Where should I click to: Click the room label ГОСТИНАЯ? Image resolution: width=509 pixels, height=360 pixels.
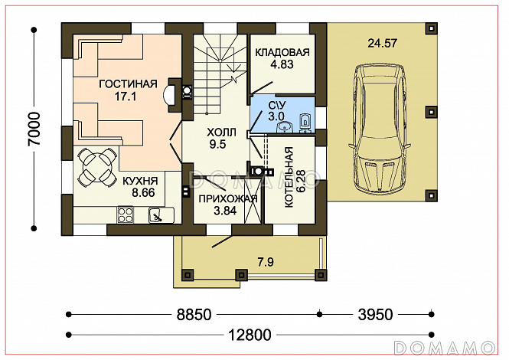128,83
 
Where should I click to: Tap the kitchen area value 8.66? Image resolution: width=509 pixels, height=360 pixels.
143,193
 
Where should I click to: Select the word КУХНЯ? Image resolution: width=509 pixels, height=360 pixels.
140,181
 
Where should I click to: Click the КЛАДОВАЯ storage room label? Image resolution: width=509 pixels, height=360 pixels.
282,52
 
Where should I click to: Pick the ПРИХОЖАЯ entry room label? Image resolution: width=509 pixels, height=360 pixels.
228,199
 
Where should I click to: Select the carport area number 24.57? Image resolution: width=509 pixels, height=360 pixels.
382,43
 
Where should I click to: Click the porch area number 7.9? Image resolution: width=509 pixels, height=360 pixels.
266,262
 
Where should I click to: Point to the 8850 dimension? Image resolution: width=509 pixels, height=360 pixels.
194,315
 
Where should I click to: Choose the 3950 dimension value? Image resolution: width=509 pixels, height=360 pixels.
375,315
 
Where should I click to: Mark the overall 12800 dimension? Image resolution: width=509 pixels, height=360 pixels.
250,335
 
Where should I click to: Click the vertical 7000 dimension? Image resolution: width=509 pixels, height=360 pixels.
34,129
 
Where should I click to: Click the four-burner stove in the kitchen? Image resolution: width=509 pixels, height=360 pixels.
126,214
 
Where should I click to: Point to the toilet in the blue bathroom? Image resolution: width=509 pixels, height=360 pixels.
305,123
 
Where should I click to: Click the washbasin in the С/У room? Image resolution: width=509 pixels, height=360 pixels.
285,127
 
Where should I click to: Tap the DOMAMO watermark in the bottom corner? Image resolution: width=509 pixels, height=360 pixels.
444,348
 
